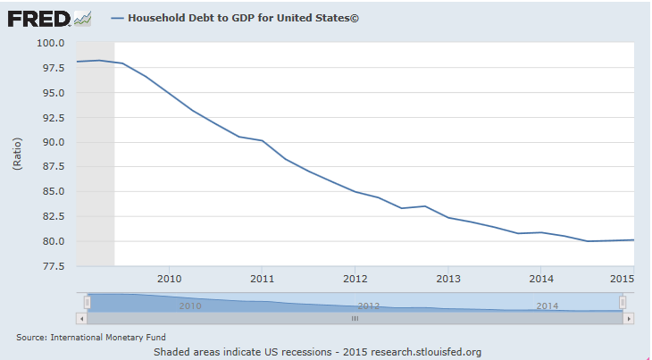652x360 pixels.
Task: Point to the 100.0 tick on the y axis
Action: [x=51, y=43]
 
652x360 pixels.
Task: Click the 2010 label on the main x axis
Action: [x=169, y=278]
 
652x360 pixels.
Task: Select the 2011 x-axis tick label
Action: [x=262, y=278]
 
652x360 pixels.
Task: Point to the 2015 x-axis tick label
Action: [x=622, y=278]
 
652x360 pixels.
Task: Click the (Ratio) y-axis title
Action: [x=18, y=154]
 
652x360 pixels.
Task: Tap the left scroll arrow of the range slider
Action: [x=81, y=318]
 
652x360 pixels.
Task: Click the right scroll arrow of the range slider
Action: [x=629, y=318]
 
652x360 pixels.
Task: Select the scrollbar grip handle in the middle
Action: [x=355, y=318]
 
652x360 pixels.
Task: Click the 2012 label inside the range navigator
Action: [x=369, y=306]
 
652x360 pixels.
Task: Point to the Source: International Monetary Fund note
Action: [x=79, y=338]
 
